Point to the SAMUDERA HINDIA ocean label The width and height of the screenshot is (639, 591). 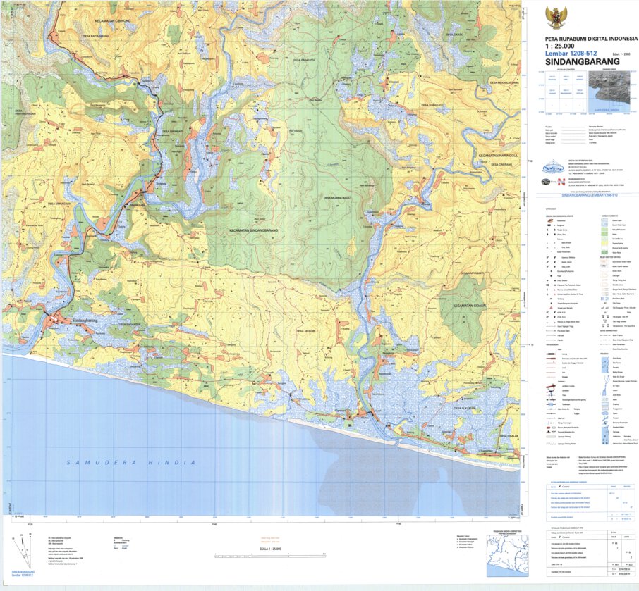tap(130, 462)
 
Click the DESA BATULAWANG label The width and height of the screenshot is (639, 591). tap(96, 36)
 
